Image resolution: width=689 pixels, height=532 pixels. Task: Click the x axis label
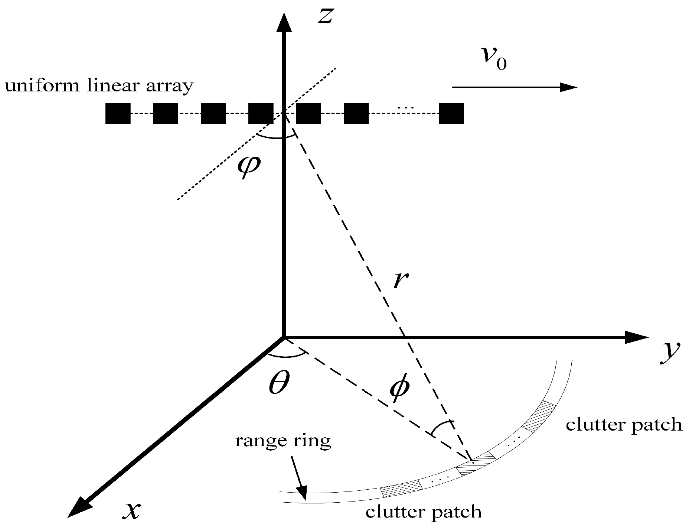(131, 510)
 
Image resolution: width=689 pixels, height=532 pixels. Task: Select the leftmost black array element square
(118, 113)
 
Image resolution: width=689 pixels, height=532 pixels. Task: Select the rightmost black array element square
(451, 113)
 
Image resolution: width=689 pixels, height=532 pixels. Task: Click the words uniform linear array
(99, 86)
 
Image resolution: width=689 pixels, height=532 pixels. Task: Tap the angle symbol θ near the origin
(279, 383)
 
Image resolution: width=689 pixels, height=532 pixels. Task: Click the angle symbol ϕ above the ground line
(399, 387)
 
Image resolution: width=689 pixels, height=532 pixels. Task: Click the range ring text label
(283, 441)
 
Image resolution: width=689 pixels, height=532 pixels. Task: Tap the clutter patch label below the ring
(423, 512)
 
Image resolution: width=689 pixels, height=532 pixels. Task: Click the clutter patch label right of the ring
(624, 425)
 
